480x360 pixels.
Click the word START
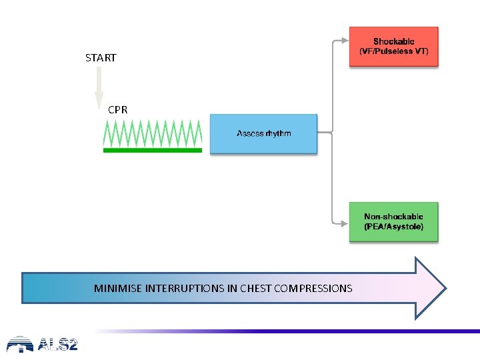(x=101, y=58)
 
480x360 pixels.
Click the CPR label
(x=117, y=109)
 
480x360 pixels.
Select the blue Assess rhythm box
(x=263, y=134)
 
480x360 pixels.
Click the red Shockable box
(x=393, y=46)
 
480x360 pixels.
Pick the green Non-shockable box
(x=393, y=222)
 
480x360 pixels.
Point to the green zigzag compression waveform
(x=152, y=133)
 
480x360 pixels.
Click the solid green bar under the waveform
(x=152, y=151)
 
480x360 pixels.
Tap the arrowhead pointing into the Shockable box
(x=345, y=41)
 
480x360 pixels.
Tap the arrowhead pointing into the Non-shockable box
(x=345, y=222)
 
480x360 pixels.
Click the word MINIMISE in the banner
(x=118, y=289)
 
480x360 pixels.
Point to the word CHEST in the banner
(x=255, y=289)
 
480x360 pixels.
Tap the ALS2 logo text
(x=57, y=345)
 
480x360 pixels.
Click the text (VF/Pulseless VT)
(x=393, y=51)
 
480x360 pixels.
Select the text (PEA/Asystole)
(x=393, y=227)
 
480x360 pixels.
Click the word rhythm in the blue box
(x=277, y=134)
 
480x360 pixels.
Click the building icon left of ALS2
(x=20, y=344)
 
